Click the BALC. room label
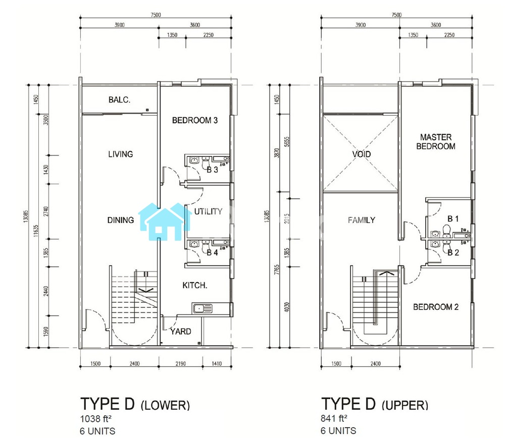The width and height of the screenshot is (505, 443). (x=119, y=100)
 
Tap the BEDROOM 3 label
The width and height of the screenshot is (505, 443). (x=195, y=120)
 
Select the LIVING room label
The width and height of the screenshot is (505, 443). (x=121, y=154)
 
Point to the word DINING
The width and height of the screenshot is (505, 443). (x=121, y=220)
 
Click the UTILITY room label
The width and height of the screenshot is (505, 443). (x=208, y=211)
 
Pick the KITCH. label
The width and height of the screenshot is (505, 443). (x=194, y=286)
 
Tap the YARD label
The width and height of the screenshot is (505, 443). (x=181, y=331)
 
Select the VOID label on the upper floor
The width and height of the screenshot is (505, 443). (x=362, y=154)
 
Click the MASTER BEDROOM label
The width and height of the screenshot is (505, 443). (x=436, y=142)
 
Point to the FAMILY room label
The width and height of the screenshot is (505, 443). (x=362, y=220)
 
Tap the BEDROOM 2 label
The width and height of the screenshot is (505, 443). (x=436, y=307)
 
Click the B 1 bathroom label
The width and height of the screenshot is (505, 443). (x=453, y=219)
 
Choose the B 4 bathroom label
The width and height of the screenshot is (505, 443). (x=212, y=253)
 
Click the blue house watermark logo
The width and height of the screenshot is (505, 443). (x=165, y=222)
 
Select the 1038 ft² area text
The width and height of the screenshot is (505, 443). (x=95, y=419)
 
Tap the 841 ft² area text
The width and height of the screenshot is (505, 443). (x=334, y=419)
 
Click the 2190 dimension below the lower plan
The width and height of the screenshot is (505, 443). (x=180, y=364)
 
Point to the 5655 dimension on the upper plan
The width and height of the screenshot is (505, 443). (x=287, y=142)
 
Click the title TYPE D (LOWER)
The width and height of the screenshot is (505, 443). (x=135, y=404)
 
